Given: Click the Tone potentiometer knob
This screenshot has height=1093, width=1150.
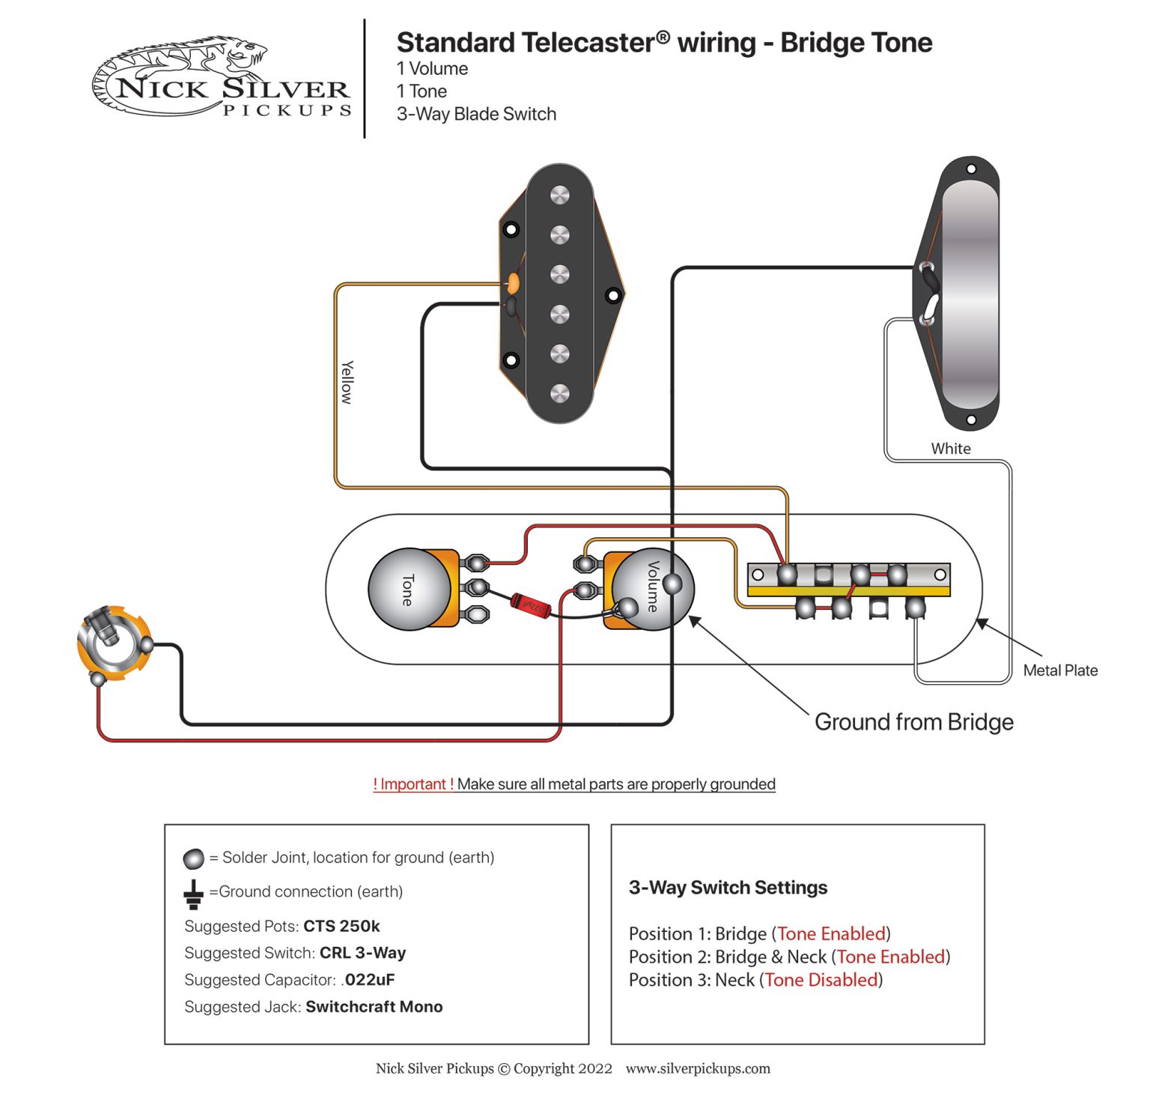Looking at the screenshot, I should point(408,590).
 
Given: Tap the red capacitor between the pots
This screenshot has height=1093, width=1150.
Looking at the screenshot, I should point(531,605).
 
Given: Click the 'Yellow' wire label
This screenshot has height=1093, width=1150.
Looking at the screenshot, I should point(347,382).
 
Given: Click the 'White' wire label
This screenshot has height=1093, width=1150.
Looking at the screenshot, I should point(951,449).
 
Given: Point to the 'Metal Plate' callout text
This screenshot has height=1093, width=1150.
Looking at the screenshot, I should point(1060,670).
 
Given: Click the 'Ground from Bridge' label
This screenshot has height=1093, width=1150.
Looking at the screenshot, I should point(913,722).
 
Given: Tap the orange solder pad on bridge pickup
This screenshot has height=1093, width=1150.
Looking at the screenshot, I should point(514,283).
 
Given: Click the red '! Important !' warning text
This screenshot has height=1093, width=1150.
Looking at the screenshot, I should point(413,784).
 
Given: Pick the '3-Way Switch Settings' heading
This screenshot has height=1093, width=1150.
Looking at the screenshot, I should point(728,888).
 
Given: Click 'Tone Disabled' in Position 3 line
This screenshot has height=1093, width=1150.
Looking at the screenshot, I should point(821,980).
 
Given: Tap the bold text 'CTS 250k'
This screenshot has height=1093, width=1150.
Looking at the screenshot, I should point(341,926).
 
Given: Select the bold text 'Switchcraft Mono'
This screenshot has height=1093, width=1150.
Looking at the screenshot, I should point(374,1007).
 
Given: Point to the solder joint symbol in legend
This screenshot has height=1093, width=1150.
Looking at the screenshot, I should point(193,859).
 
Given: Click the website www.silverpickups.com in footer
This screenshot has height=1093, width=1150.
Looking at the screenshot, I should point(698,1069).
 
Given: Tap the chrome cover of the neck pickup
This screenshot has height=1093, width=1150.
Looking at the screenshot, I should point(970,292).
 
